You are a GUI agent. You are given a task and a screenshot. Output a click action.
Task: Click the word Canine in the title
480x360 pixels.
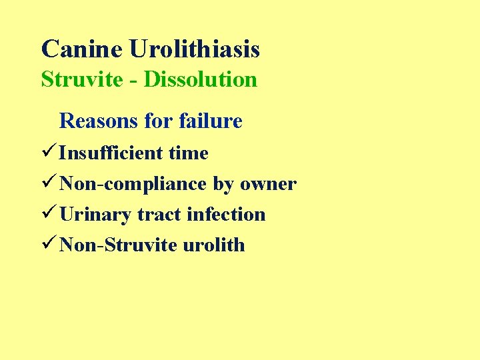click(82, 49)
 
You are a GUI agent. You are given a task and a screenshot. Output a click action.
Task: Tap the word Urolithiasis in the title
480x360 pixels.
click(195, 49)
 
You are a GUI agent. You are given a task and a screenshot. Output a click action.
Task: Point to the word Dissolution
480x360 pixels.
click(201, 79)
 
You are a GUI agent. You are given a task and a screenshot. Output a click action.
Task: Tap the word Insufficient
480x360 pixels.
click(111, 153)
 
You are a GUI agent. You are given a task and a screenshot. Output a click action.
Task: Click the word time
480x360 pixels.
click(189, 153)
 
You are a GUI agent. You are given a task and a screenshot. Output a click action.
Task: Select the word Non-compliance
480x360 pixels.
click(133, 183)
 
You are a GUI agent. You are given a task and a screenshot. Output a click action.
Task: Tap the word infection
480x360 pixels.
click(226, 214)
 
